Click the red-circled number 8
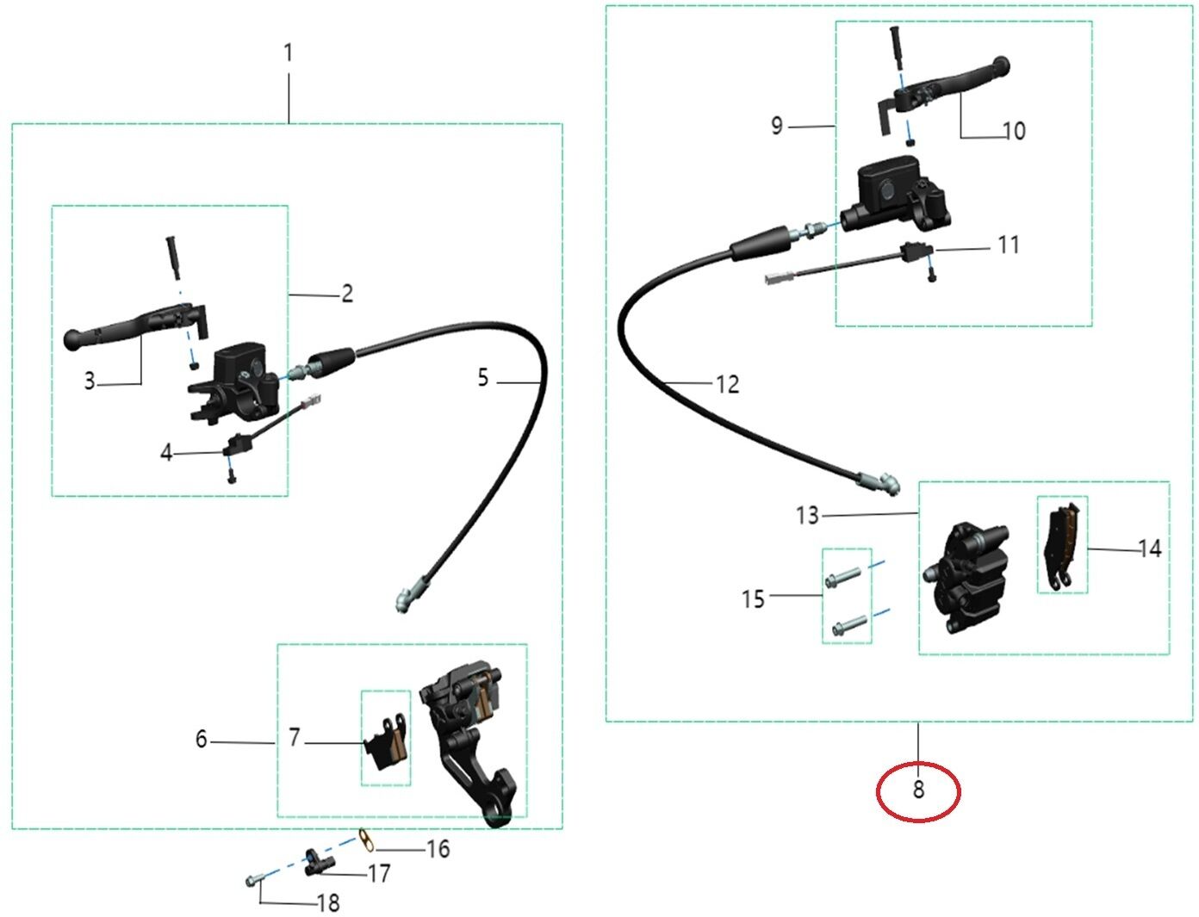[x=917, y=790]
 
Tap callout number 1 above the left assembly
[x=288, y=53]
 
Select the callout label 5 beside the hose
[x=483, y=377]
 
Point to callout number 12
[x=727, y=385]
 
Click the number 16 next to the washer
[x=438, y=849]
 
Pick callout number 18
[x=328, y=903]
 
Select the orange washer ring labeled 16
[x=366, y=840]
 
